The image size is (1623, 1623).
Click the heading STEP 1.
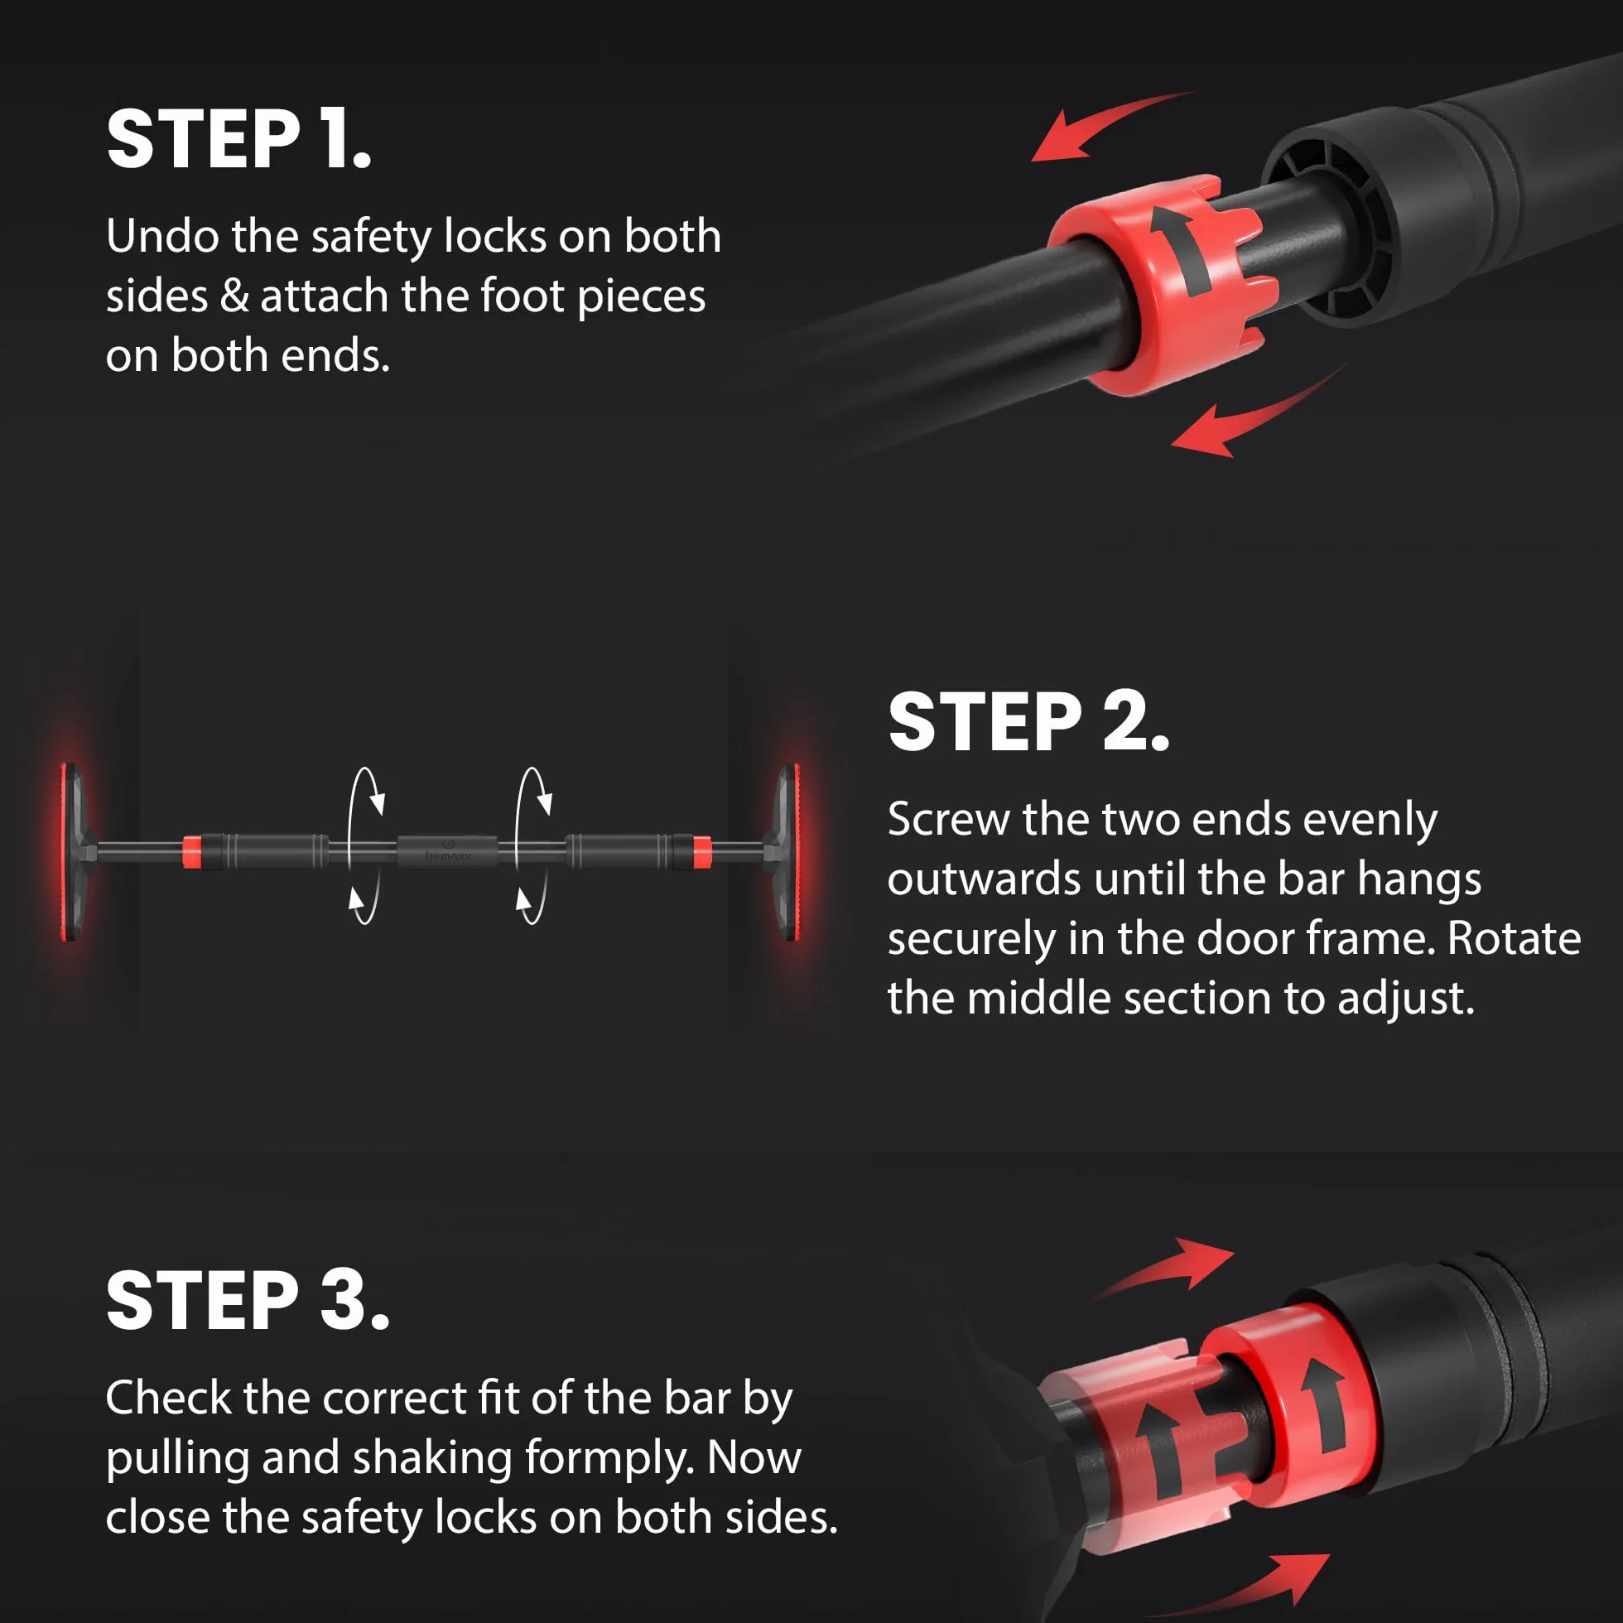238,138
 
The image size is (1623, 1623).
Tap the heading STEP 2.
1028,721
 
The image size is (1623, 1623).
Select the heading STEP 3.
248,1300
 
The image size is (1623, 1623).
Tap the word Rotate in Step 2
1514,938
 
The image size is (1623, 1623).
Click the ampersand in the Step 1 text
234,296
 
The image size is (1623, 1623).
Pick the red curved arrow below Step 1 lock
1256,416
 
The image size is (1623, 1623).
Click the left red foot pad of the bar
70,853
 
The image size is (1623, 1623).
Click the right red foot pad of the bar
790,853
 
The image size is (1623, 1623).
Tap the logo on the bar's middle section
448,850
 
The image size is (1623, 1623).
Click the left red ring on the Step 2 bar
191,852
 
